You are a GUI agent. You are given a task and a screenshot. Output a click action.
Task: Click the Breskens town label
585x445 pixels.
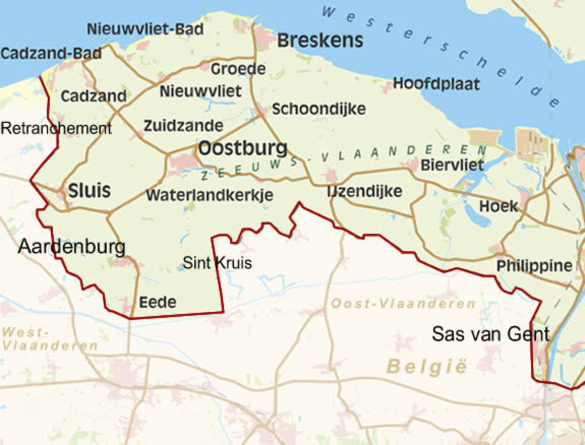(320, 41)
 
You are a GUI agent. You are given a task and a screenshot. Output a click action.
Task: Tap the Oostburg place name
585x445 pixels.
(243, 148)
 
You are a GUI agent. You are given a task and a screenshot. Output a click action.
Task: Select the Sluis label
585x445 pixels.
(89, 191)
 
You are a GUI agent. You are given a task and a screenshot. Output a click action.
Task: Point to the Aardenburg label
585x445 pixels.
(72, 247)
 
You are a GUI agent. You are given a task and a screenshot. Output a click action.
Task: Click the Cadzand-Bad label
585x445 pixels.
(51, 54)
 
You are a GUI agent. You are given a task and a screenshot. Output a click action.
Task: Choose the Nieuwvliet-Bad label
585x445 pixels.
(145, 29)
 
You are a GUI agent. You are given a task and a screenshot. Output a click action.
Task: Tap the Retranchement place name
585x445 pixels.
(56, 129)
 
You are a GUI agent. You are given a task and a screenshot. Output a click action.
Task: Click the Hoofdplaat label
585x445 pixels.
(436, 84)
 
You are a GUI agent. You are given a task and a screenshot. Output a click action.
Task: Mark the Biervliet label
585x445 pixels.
(452, 165)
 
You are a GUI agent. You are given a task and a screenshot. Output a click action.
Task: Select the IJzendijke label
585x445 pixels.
(365, 191)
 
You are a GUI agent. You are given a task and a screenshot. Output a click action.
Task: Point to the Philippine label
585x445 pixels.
(534, 266)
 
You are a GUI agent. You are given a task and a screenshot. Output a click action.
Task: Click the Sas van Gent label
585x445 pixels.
(491, 334)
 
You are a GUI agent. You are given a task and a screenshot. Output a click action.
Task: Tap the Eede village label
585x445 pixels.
(157, 302)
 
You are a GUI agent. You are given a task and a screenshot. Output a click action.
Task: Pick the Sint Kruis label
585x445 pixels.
(217, 263)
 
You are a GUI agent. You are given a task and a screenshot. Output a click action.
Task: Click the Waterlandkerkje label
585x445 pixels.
(210, 195)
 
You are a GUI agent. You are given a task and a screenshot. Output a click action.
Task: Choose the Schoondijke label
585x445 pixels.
(319, 109)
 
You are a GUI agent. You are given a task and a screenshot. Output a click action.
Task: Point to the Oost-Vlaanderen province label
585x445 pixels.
(403, 304)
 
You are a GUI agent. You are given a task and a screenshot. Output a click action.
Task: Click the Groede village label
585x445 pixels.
(238, 69)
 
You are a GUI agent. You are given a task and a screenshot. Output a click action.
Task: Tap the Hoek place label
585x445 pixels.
(499, 206)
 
